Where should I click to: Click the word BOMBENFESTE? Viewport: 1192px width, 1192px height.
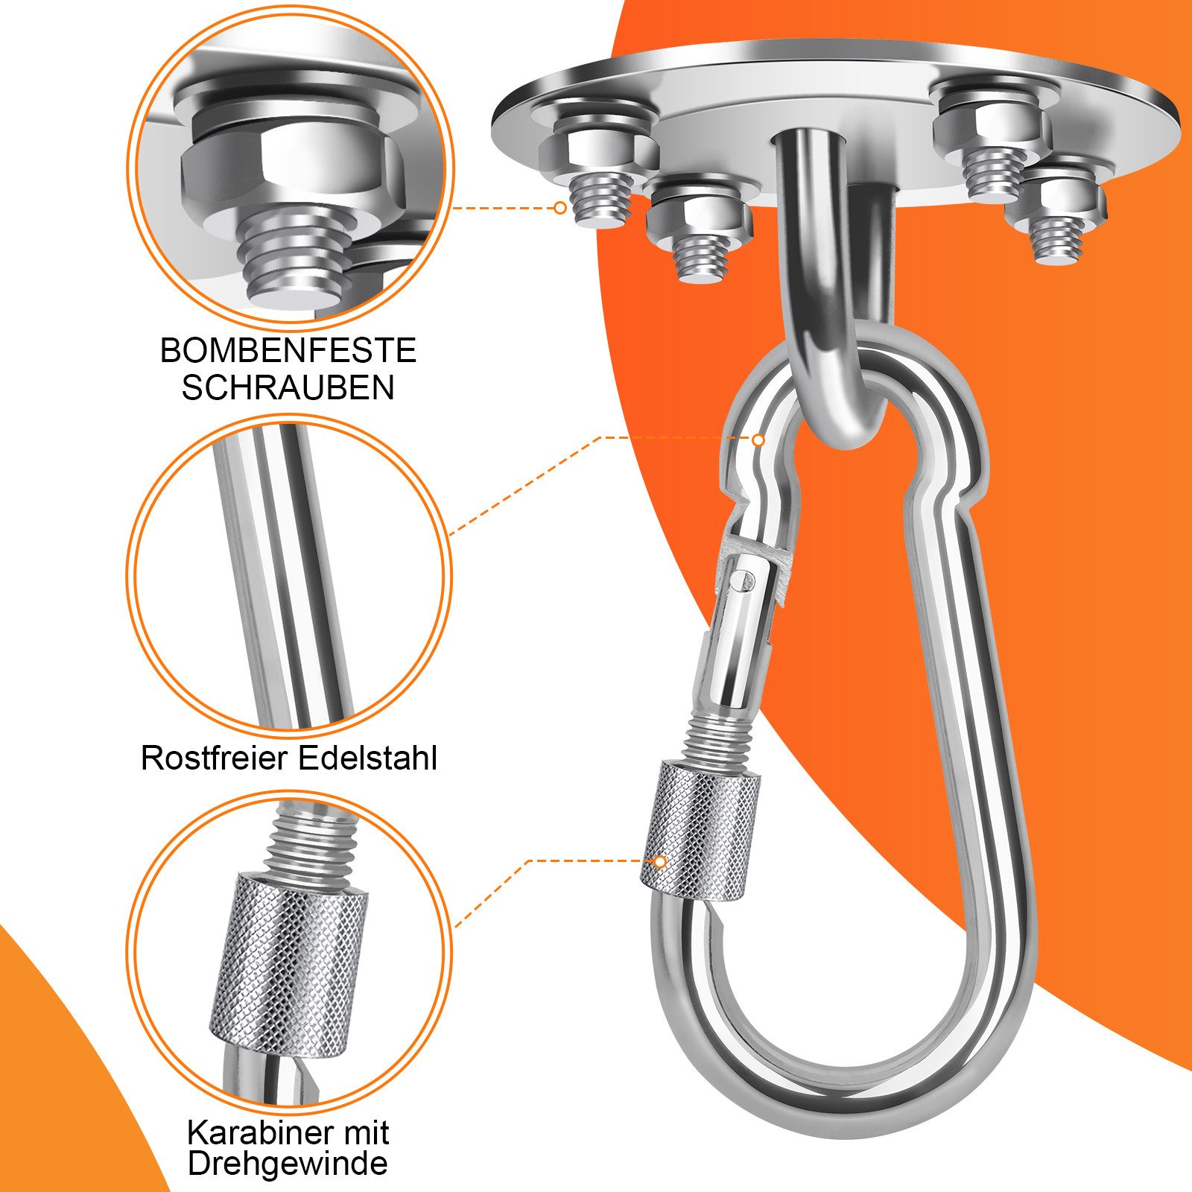click(288, 350)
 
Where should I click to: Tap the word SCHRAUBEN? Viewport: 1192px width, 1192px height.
click(288, 387)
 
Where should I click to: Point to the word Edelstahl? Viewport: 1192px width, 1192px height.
click(368, 758)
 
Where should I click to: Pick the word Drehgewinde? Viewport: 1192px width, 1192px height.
click(288, 1163)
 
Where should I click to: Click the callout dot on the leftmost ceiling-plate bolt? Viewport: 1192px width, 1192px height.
click(560, 208)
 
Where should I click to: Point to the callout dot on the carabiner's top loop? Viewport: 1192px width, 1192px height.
click(758, 440)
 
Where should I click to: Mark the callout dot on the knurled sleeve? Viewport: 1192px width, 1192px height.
click(660, 861)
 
